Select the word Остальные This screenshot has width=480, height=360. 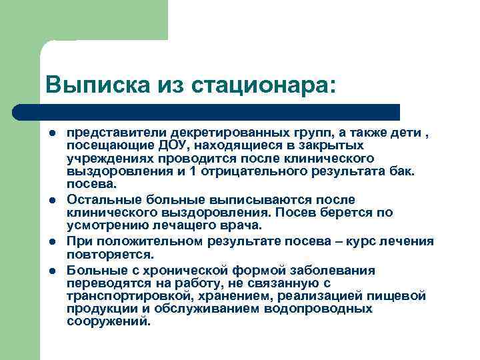click(97, 199)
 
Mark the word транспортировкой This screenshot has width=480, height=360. click(127, 295)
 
